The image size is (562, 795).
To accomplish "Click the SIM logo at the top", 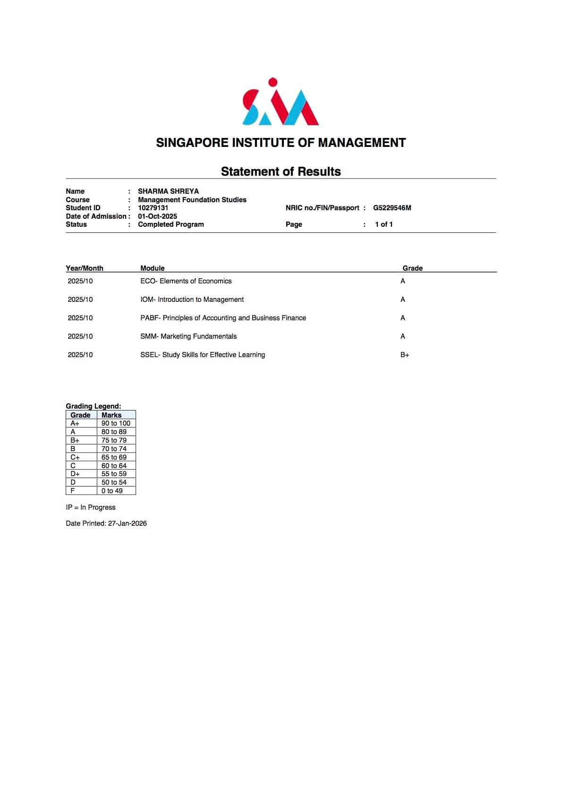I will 281,102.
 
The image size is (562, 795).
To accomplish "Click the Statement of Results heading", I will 281,171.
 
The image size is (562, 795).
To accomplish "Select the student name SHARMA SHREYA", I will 168,191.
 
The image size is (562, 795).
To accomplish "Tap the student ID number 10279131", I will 153,208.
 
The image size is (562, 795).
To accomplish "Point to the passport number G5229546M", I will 392,208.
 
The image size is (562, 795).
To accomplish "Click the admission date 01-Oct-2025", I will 157,216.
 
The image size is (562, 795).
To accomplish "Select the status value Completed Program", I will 170,224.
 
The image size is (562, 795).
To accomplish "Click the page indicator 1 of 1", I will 383,224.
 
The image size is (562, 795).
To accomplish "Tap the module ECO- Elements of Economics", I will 186,281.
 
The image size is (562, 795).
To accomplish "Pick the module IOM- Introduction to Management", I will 192,299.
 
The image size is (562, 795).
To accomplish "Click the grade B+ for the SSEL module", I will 405,355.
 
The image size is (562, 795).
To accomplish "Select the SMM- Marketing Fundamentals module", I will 188,336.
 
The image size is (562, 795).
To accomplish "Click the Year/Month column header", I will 85,268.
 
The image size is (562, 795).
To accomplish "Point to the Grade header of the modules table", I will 412,268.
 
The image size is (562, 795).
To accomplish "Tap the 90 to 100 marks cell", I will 116,423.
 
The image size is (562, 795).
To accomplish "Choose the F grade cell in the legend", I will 73,491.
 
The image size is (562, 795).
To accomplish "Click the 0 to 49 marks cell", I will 112,491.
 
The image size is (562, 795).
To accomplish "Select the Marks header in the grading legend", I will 111,415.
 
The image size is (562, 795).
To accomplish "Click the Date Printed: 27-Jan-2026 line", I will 106,523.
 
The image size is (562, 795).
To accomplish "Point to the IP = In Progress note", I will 91,507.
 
